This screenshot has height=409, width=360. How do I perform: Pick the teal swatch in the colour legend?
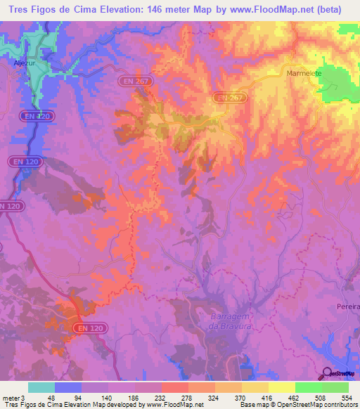coord(41,387)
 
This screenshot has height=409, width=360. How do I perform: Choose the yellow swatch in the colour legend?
coord(281,387)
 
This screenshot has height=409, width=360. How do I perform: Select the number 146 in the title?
coord(160,10)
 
